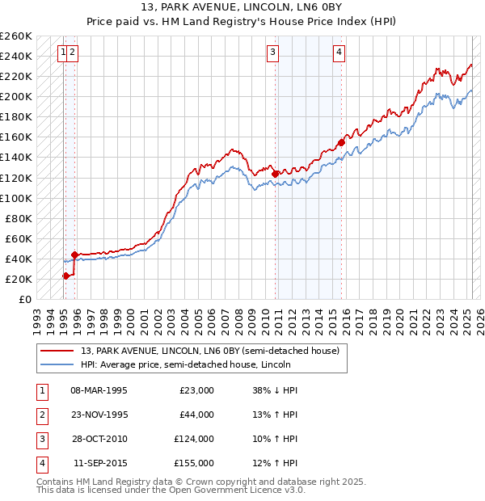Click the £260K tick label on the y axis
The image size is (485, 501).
(x=15, y=36)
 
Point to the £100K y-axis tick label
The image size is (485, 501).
(x=15, y=198)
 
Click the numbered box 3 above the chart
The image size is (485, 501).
(x=273, y=53)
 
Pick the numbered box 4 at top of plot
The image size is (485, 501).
(x=339, y=53)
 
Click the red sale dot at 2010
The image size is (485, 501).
(x=276, y=173)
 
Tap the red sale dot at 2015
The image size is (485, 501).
(x=341, y=142)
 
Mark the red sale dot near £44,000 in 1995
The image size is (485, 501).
(x=74, y=255)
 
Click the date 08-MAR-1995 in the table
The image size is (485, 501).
(x=99, y=390)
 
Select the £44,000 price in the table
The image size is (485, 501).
(x=196, y=415)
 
